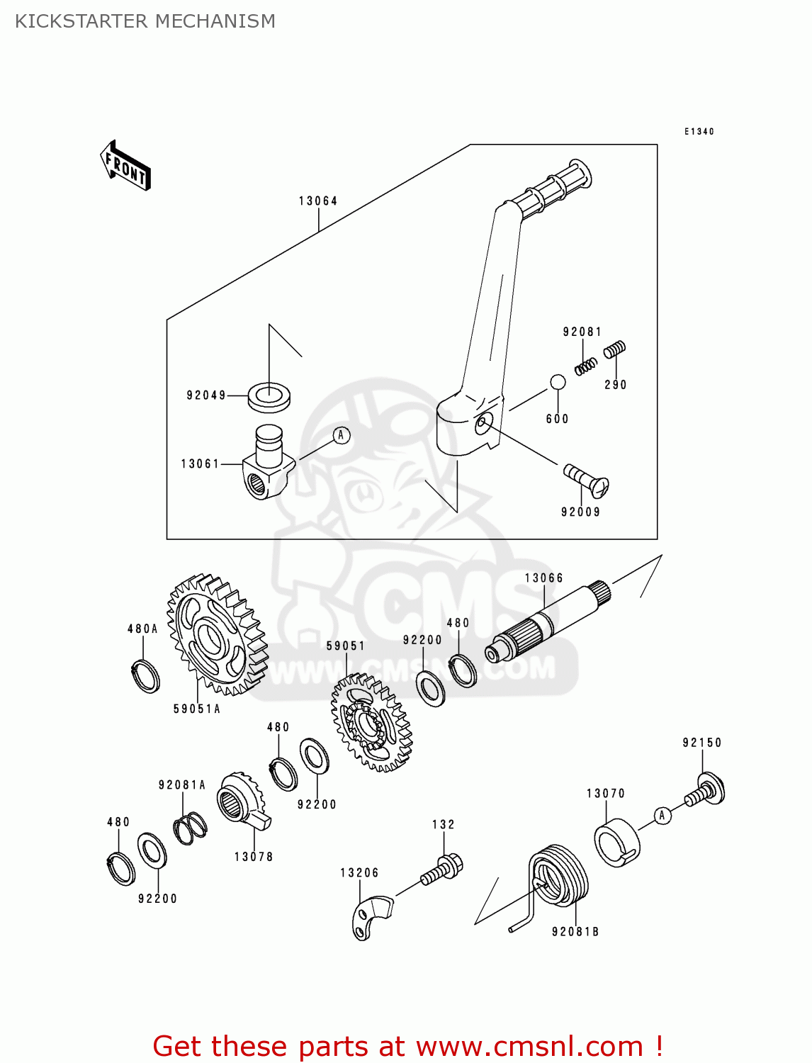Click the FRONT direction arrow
(125, 166)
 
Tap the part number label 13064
(318, 201)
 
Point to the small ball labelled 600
(558, 383)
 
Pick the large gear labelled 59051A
(217, 635)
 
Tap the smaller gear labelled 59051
(371, 723)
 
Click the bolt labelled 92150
(706, 790)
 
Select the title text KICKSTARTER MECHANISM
(145, 21)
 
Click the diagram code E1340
(699, 132)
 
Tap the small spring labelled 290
(614, 349)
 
